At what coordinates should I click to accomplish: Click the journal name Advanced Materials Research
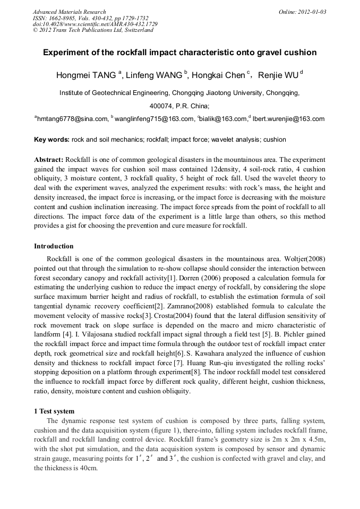[x=69, y=12]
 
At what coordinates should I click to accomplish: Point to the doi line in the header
[x=95, y=24]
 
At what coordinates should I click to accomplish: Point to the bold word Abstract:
[x=49, y=160]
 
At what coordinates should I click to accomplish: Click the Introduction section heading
[x=54, y=246]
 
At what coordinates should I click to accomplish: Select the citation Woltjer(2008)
[x=303, y=258]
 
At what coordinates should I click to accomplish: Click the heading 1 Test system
[x=54, y=411]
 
